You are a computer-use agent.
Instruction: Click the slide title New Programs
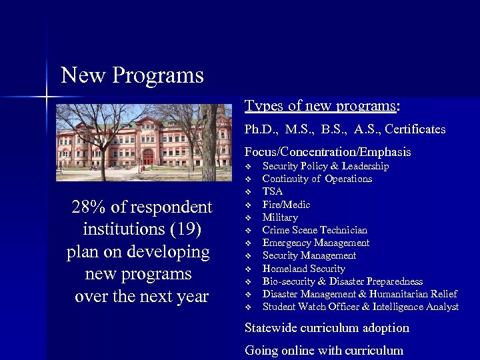[132, 75]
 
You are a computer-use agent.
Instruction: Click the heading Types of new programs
[322, 106]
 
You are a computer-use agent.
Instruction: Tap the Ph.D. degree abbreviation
[259, 129]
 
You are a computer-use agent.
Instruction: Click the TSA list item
[272, 191]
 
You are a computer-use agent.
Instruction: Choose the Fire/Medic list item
[286, 205]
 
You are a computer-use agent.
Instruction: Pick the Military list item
[280, 217]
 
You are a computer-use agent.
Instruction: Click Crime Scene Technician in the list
[315, 230]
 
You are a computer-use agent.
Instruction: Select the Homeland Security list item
[303, 269]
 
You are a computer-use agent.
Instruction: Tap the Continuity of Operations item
[317, 179]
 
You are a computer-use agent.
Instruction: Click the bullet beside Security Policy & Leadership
[247, 166]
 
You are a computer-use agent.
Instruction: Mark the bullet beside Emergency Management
[247, 243]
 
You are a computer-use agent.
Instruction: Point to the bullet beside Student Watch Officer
[247, 307]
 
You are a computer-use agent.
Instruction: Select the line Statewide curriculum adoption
[327, 328]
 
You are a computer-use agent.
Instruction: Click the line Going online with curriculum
[324, 350]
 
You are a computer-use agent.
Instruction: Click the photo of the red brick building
[143, 142]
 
